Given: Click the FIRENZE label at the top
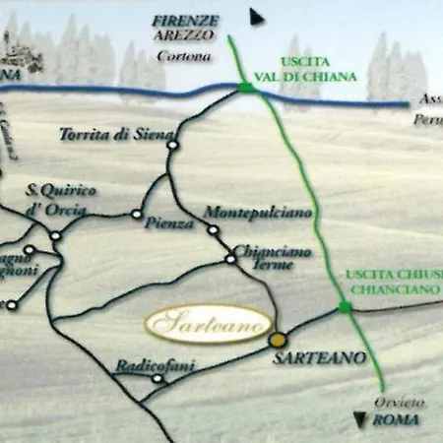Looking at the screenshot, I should click(x=184, y=21).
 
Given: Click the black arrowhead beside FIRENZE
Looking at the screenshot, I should click(x=257, y=17).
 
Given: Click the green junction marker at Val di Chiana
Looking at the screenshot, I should click(x=245, y=89).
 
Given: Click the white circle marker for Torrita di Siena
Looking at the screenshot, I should click(x=172, y=145).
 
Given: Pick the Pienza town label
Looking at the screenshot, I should click(x=169, y=223).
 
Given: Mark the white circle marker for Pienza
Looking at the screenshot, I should click(x=137, y=214).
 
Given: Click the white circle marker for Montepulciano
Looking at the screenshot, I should click(x=213, y=230).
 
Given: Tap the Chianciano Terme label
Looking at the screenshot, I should click(x=273, y=257).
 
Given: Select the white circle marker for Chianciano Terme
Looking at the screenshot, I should click(x=230, y=259).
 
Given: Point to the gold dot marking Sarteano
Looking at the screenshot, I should click(x=277, y=339).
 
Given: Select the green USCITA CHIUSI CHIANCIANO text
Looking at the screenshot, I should click(x=391, y=283).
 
